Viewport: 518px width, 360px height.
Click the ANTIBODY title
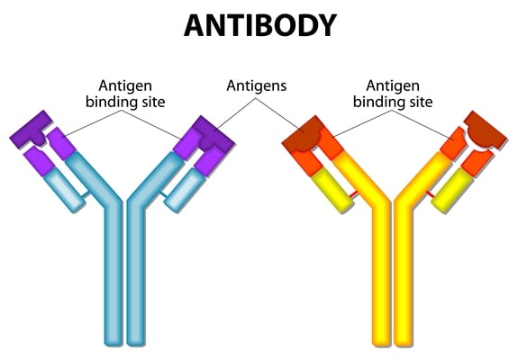point(260,25)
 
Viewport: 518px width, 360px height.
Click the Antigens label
point(257,85)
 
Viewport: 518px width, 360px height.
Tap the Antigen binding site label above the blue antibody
point(125,94)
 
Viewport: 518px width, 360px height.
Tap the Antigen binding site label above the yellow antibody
point(393,94)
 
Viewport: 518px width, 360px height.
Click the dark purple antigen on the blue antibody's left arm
point(32,130)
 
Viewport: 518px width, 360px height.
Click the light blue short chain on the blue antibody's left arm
point(64,191)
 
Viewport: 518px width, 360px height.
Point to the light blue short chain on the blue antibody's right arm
point(185,191)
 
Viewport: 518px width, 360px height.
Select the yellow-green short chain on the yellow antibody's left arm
point(332,191)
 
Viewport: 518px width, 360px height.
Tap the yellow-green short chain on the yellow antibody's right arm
point(452,191)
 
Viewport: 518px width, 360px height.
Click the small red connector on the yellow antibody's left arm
point(353,194)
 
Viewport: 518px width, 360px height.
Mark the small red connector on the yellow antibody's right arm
point(431,194)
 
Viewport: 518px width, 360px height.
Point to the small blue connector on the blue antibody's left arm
point(86,194)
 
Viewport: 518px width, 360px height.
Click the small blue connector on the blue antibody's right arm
point(163,194)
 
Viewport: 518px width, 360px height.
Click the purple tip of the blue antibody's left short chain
point(39,161)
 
